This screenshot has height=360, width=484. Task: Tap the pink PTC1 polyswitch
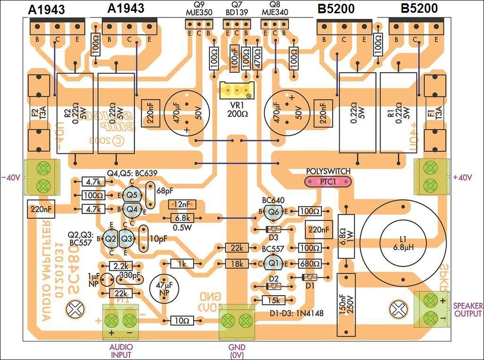(328, 182)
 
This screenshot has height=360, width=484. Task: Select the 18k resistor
(237, 263)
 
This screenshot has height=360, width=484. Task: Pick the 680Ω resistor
(310, 263)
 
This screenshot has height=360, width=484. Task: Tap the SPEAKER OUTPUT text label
(468, 310)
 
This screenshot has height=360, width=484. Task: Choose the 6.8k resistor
(181, 218)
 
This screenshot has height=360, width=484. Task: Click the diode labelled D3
(273, 229)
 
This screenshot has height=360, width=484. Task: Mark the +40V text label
(462, 177)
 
